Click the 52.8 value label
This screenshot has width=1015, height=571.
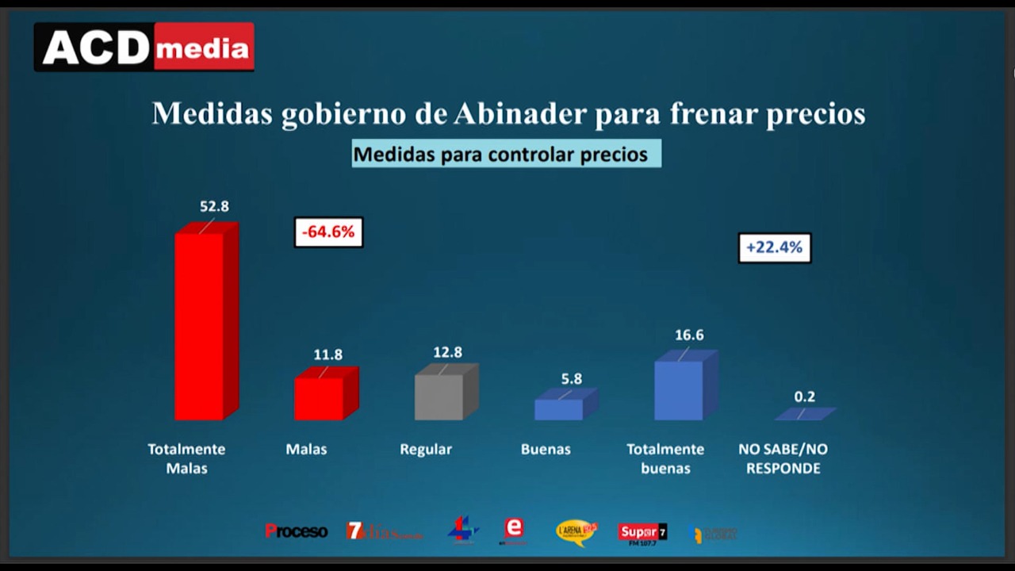click(x=214, y=206)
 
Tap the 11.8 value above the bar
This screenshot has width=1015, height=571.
click(x=327, y=354)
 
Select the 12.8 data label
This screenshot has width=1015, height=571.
click(x=447, y=352)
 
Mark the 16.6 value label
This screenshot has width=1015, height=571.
click(x=689, y=335)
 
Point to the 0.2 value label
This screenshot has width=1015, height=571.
click(x=805, y=397)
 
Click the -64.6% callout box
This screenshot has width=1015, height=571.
click(x=328, y=232)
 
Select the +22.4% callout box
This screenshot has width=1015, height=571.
click(x=774, y=247)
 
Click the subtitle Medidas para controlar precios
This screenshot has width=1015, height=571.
click(x=506, y=154)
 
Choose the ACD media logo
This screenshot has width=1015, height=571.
click(x=144, y=48)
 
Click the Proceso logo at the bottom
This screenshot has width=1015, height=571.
click(x=296, y=531)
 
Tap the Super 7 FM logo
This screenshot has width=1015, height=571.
click(x=642, y=532)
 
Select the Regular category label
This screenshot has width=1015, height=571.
click(x=426, y=449)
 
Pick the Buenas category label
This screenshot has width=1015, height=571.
click(x=546, y=449)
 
